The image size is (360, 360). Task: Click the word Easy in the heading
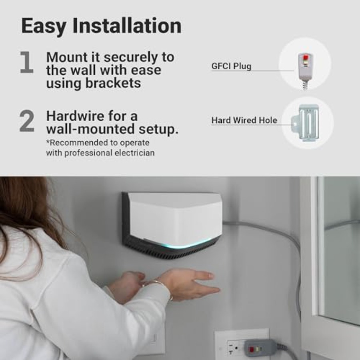pos(43,26)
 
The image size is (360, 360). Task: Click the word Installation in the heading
pos(127,26)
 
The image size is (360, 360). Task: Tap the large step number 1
pos(27,62)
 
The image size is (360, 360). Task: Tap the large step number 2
pos(27,121)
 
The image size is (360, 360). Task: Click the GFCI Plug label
pos(231,66)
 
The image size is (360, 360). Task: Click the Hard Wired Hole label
pos(244,120)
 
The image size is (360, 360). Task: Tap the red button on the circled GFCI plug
pos(305,57)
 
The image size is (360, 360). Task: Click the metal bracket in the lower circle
pos(306,122)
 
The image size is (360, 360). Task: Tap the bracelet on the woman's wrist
pos(159,288)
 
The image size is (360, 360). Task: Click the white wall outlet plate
pos(242,344)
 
